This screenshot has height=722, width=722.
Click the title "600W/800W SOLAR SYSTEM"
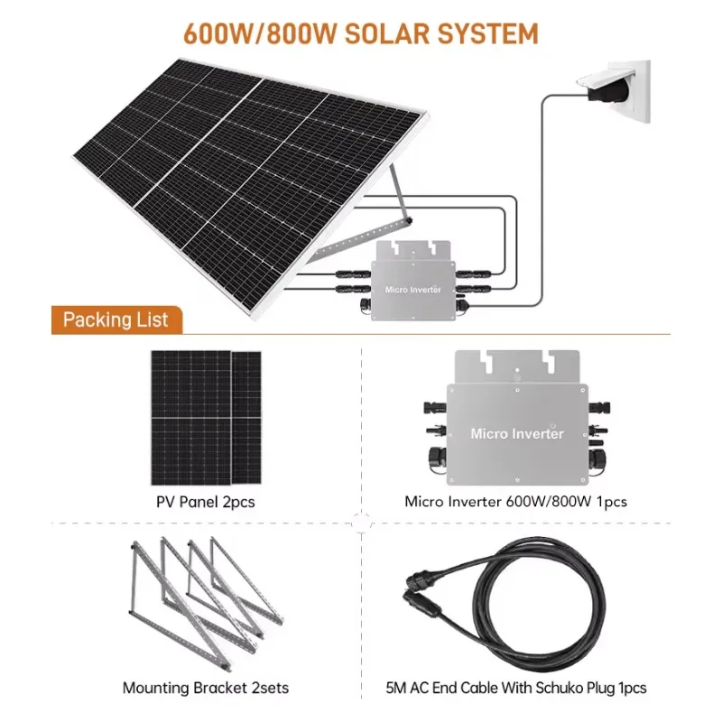point(361,33)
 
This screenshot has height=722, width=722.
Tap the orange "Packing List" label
point(116,319)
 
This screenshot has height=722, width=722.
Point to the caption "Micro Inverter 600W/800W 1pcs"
point(515,502)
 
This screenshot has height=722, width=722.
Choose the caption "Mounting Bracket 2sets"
point(206,688)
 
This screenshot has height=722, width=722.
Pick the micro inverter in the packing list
point(516,415)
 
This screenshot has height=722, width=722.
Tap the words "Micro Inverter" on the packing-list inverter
point(517,434)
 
